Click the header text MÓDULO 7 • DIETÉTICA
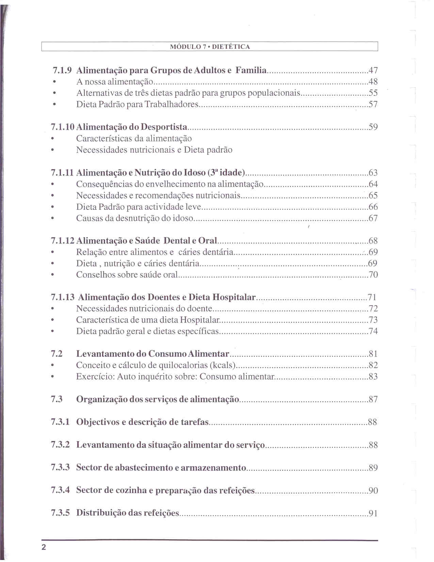[210, 47]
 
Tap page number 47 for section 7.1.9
[373, 71]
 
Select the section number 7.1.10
[63, 127]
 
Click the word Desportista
[164, 127]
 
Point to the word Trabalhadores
[171, 104]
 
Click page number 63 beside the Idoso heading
[373, 173]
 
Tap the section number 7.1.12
[63, 241]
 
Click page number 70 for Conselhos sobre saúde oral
[373, 275]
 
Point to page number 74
[373, 331]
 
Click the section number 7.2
[57, 354]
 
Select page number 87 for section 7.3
[373, 399]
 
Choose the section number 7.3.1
[60, 422]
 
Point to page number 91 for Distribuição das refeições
[373, 513]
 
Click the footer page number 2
[44, 548]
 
